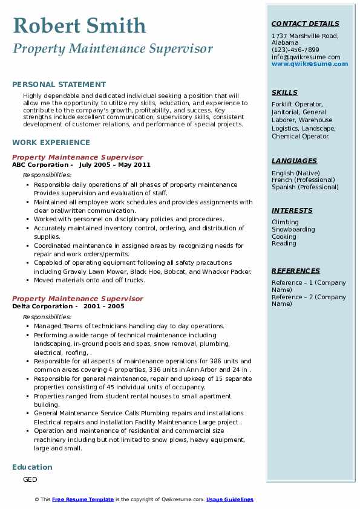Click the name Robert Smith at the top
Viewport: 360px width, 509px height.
[79, 25]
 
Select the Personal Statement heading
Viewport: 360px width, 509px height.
[59, 85]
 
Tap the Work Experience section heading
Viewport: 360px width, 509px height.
[51, 143]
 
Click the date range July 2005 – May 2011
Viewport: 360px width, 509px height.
[114, 165]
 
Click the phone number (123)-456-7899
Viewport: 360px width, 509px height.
[295, 50]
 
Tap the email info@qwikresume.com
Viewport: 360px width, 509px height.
[306, 57]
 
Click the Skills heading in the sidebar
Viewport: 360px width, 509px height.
[284, 92]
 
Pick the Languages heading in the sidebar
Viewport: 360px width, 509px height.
[294, 161]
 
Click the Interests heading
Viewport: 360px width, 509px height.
[292, 210]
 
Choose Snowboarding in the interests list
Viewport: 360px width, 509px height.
[293, 230]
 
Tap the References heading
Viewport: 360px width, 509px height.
[295, 271]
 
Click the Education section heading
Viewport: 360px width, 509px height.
[32, 467]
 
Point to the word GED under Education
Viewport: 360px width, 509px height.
[30, 479]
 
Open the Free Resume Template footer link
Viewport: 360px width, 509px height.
[83, 499]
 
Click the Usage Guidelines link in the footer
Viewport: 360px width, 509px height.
[230, 499]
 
